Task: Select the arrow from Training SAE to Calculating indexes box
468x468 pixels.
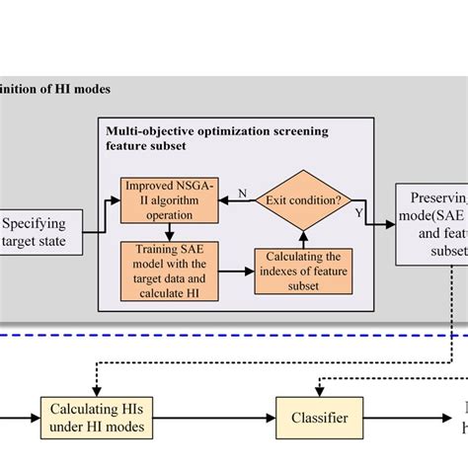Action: click(x=232, y=269)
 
